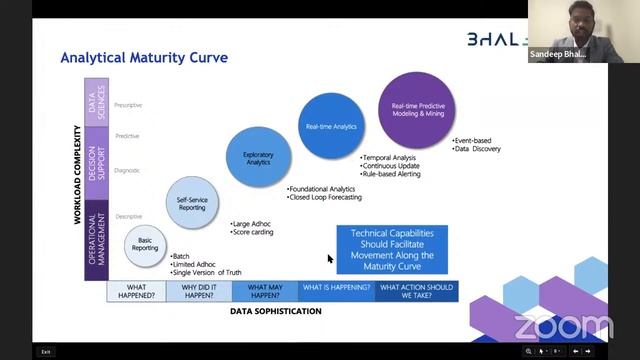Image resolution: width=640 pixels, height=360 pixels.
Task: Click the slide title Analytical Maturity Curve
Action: (144, 57)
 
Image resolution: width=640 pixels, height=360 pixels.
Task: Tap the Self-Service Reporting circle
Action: (191, 200)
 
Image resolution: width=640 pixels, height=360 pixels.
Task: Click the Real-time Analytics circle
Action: (331, 126)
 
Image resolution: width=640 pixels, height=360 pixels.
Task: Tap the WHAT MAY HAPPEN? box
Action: (264, 291)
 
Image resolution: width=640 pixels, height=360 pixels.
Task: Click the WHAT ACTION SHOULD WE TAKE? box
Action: (417, 291)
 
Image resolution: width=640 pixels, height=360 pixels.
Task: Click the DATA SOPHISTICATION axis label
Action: (276, 311)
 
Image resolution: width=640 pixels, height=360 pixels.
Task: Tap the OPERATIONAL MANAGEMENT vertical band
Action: (97, 235)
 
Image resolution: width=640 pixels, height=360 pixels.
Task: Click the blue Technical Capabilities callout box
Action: (391, 249)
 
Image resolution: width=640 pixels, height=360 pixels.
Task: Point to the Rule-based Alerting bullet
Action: (391, 174)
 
